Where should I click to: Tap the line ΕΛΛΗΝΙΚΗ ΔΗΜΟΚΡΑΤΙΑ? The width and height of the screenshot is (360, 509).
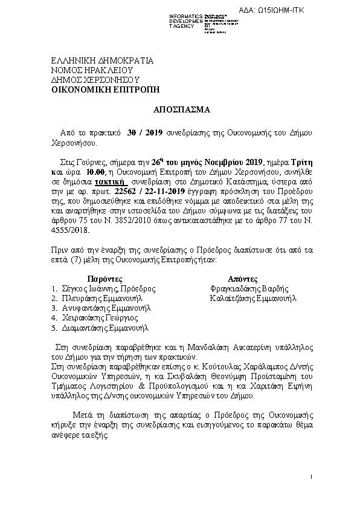(102, 61)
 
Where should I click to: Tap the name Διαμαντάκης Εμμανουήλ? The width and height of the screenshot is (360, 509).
(104, 328)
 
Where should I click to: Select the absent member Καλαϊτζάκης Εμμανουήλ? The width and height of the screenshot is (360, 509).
(254, 299)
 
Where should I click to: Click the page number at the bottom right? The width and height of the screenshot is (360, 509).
(310, 478)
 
